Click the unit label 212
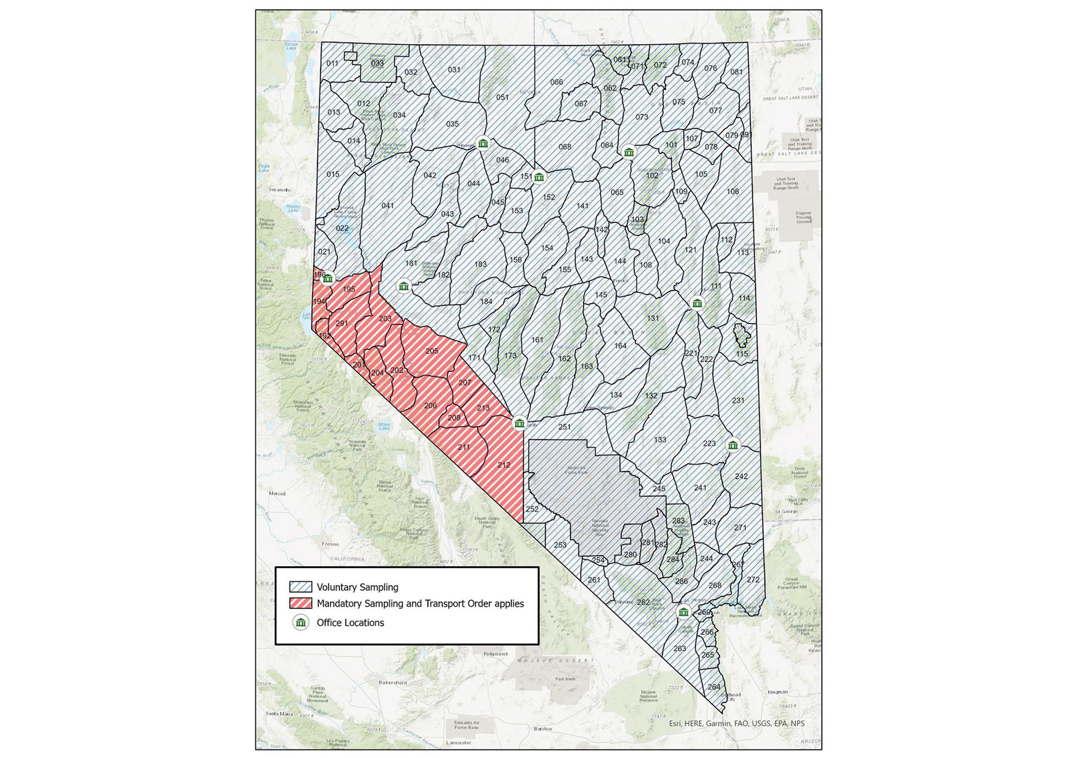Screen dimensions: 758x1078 click(504, 465)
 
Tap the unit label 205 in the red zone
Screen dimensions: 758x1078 click(432, 351)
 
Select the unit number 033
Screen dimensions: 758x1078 click(377, 63)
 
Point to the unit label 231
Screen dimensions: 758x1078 click(738, 401)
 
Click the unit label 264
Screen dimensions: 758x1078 click(714, 687)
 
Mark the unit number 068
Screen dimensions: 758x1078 click(565, 147)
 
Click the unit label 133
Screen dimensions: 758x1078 click(660, 440)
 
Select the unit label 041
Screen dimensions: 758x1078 click(388, 206)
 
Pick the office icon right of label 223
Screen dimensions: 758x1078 click(733, 445)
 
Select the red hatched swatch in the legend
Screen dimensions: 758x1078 click(301, 604)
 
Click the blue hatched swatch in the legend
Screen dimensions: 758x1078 click(301, 587)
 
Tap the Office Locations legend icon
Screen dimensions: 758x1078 click(301, 623)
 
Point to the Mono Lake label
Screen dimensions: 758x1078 click(385, 426)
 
